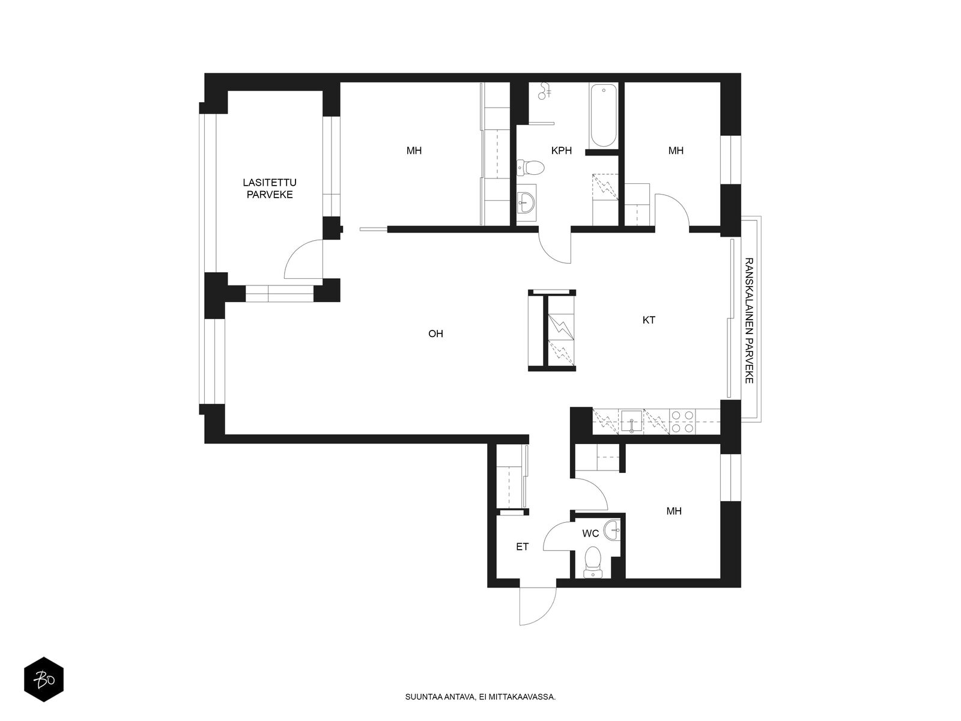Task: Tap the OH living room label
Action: click(x=435, y=333)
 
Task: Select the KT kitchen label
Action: click(x=649, y=320)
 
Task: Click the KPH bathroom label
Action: click(x=562, y=151)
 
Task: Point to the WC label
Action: click(x=590, y=533)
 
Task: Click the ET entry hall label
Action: click(x=522, y=547)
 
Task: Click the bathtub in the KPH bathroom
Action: click(x=603, y=116)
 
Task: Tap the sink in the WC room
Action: click(x=613, y=529)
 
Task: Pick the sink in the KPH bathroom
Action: click(x=526, y=202)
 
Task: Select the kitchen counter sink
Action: click(x=632, y=421)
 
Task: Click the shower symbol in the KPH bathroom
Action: click(x=545, y=91)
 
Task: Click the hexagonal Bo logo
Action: click(x=43, y=681)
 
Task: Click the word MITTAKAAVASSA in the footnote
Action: click(x=526, y=698)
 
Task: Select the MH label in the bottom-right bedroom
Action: click(x=674, y=512)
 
